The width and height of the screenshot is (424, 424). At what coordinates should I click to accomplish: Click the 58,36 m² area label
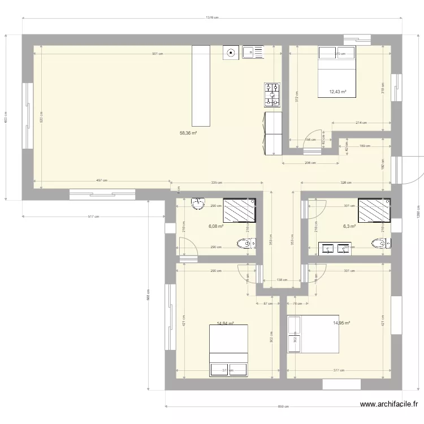pos(188,133)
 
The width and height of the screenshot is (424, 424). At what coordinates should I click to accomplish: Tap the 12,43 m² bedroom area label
pos(338,92)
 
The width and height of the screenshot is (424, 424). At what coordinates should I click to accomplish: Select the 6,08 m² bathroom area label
pos(216,226)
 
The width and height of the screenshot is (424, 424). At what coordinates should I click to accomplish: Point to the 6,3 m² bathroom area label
pos(349,226)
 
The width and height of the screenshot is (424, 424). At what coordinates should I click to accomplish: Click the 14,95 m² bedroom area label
pos(341,323)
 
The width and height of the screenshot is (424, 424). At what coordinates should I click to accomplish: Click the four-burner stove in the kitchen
pos(272,95)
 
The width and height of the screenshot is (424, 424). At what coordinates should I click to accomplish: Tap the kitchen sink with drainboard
pos(253,53)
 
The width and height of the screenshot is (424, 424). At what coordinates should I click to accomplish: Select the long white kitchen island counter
pos(200,86)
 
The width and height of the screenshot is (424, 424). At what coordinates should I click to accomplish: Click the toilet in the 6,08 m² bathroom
pos(244,244)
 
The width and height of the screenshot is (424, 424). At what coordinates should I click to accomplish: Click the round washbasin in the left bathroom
pos(198,204)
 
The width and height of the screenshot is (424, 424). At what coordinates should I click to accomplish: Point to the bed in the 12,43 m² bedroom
pos(337,72)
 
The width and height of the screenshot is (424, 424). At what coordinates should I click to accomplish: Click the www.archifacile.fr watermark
pos(390,404)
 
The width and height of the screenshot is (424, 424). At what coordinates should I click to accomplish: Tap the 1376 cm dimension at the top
pos(212,18)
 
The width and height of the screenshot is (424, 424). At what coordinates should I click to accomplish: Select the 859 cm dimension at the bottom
pos(283,406)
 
